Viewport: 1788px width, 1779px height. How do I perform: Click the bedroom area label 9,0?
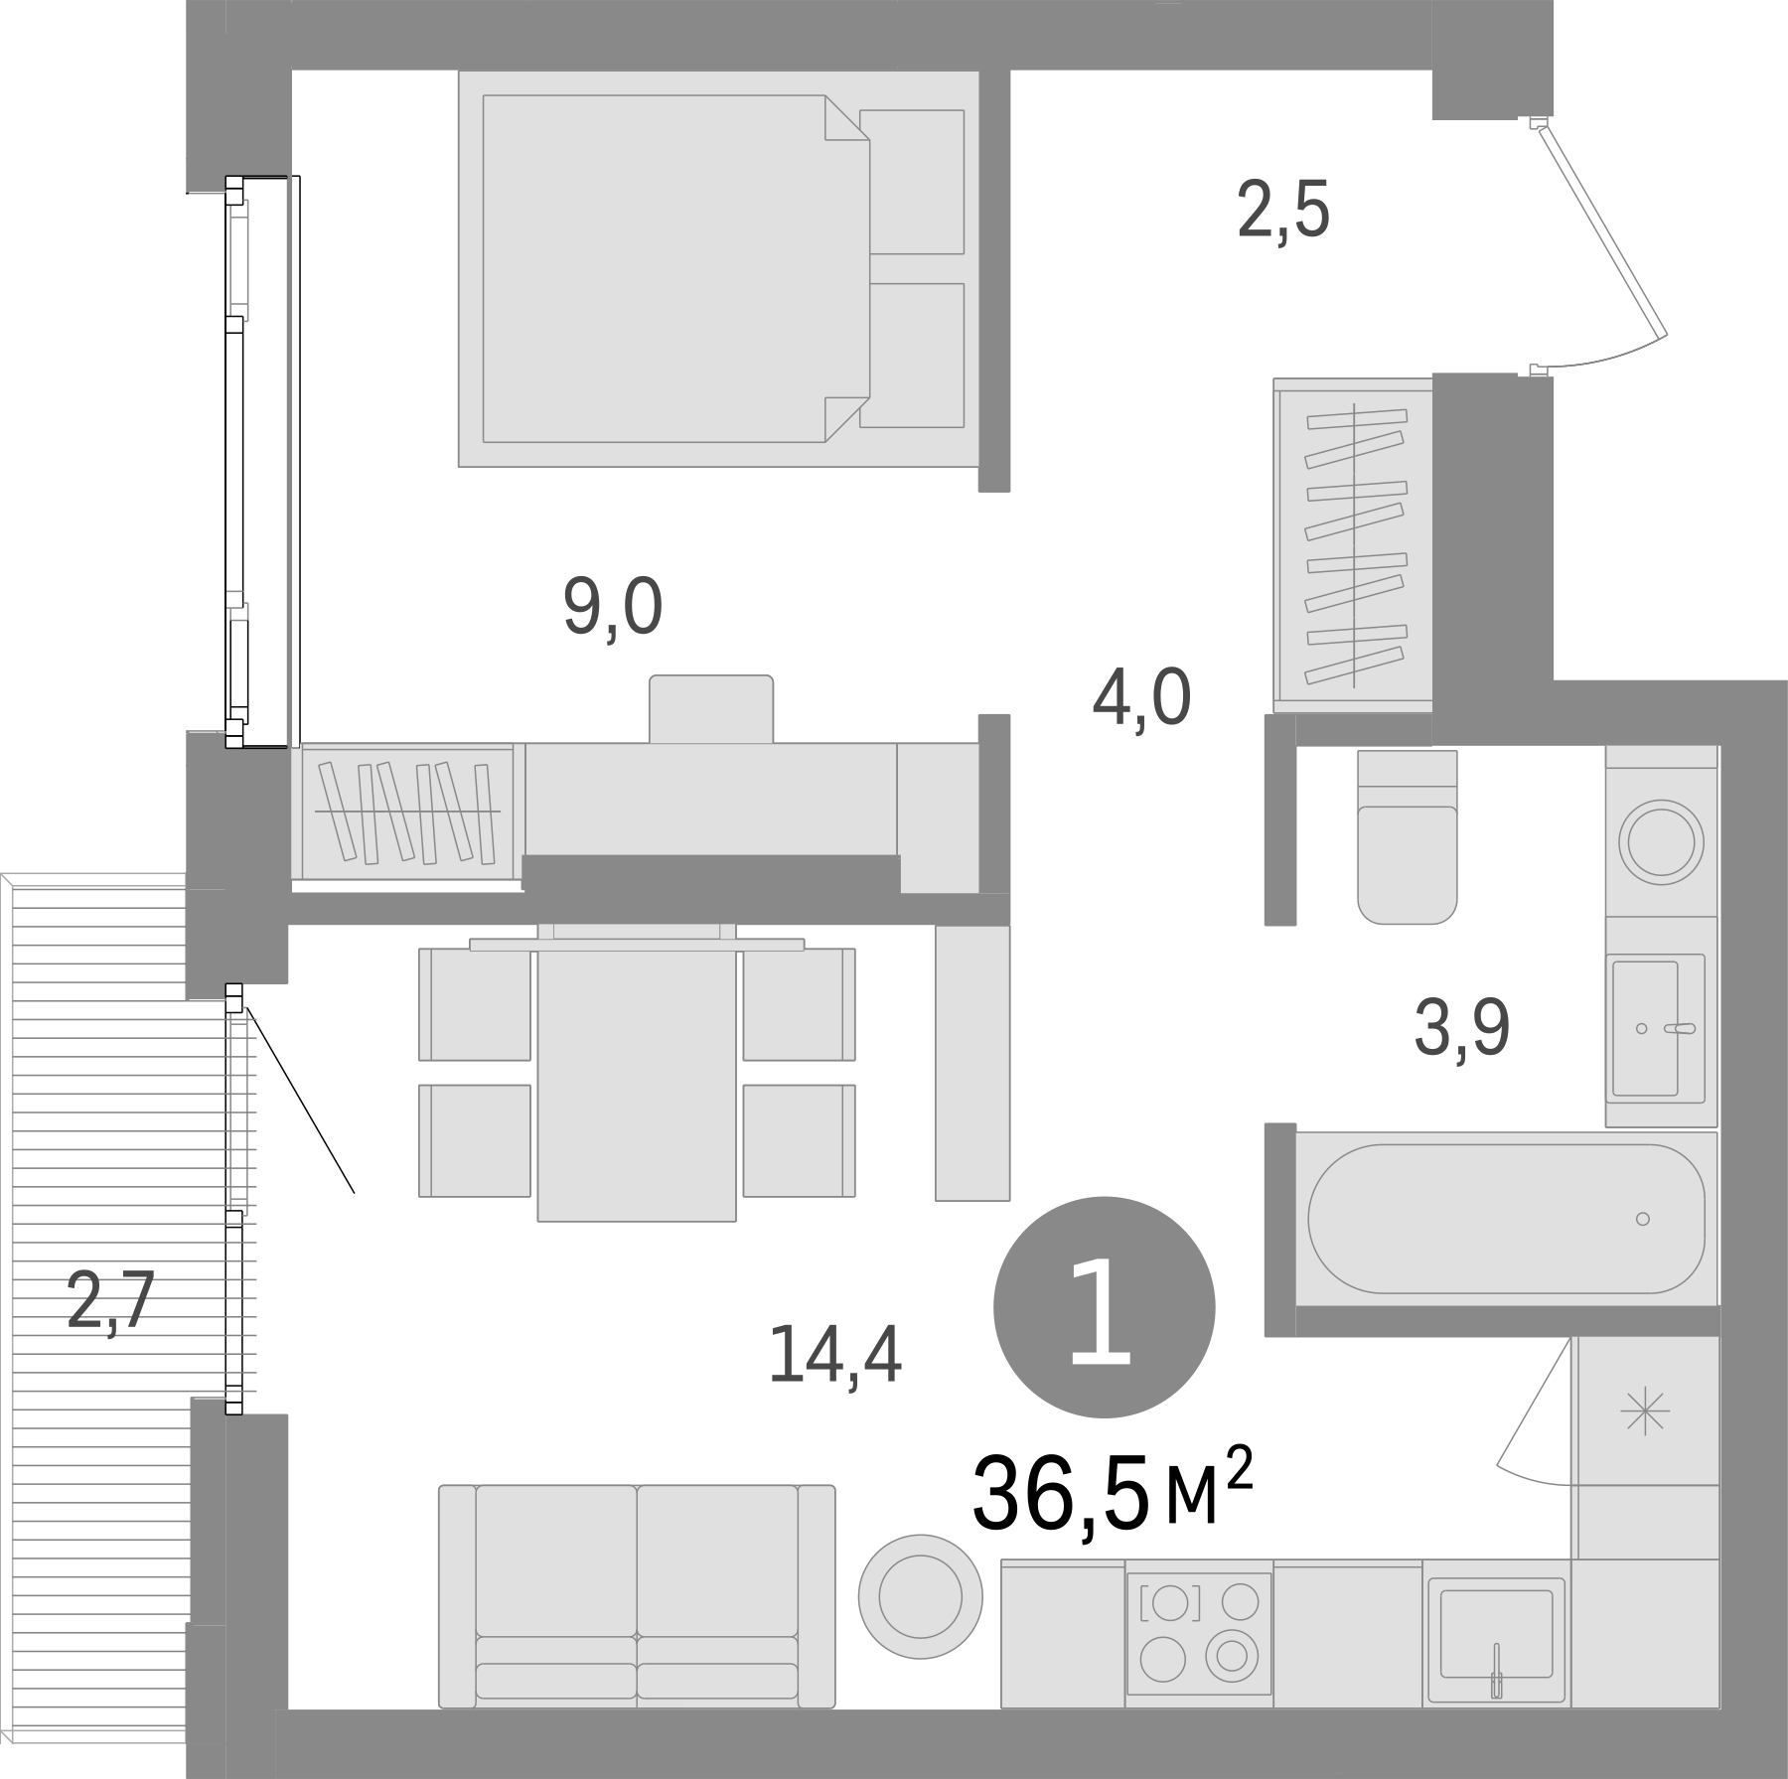[x=612, y=608]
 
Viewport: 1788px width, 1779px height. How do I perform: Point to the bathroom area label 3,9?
[x=1461, y=1030]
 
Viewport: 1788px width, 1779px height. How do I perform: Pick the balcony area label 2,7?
[x=111, y=1303]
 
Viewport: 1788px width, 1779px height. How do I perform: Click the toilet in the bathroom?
[x=1407, y=837]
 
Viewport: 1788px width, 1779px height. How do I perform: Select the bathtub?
[x=1506, y=1219]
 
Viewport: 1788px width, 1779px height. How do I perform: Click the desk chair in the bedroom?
[x=711, y=708]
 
